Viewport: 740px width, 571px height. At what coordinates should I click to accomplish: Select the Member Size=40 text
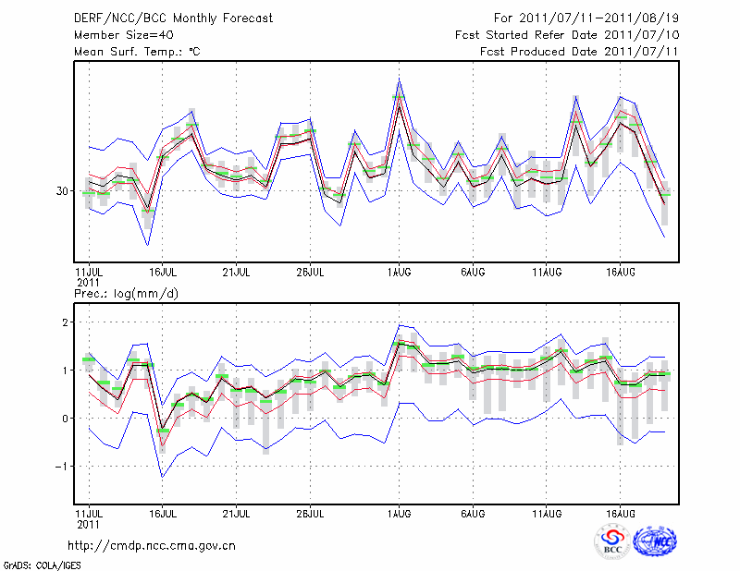[x=117, y=35]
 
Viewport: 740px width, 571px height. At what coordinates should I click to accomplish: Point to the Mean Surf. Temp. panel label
[x=137, y=52]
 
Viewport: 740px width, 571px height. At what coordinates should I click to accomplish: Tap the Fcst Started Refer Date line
[x=567, y=35]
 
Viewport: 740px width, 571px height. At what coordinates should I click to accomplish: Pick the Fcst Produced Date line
[x=579, y=52]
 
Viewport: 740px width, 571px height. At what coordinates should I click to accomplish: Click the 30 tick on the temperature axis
[x=63, y=191]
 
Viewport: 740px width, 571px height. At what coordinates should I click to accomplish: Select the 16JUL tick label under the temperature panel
[x=163, y=273]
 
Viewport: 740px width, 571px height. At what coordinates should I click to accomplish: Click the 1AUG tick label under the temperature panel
[x=400, y=273]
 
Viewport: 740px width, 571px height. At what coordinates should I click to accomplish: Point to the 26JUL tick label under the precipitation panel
[x=310, y=513]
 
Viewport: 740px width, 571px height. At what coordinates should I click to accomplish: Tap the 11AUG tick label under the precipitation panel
[x=548, y=513]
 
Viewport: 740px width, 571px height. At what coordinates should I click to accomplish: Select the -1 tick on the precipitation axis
[x=63, y=467]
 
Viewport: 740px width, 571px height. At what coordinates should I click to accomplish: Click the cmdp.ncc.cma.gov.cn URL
[x=152, y=545]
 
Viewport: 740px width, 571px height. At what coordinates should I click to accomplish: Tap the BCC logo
[x=612, y=541]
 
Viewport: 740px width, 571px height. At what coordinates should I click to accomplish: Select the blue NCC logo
[x=654, y=541]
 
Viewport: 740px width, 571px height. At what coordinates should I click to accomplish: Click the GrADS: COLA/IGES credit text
[x=42, y=564]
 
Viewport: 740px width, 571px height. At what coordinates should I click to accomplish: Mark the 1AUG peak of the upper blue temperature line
[x=400, y=79]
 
